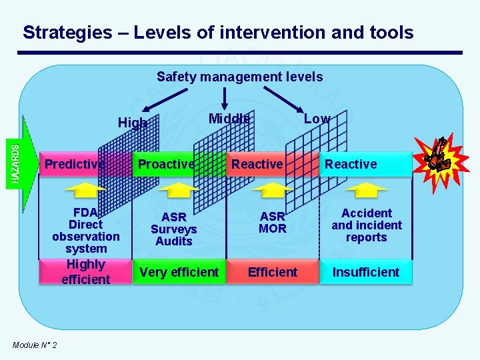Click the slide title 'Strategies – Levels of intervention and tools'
coord(218,32)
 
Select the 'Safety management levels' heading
coord(239,77)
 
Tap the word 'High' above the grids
coord(131,123)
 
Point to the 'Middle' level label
coord(229,119)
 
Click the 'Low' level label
coord(317,119)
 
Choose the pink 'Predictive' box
coord(74,164)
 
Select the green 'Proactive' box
coord(166,164)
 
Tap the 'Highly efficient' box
coord(85,272)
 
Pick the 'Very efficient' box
coord(179,272)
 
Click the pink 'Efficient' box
coord(272,272)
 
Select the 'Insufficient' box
coord(365,272)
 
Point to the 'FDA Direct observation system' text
coord(85,231)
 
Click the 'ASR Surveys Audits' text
coord(173,229)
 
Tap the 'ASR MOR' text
coord(272,223)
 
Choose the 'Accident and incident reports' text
coord(366,225)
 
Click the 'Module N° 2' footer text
coord(35,344)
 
